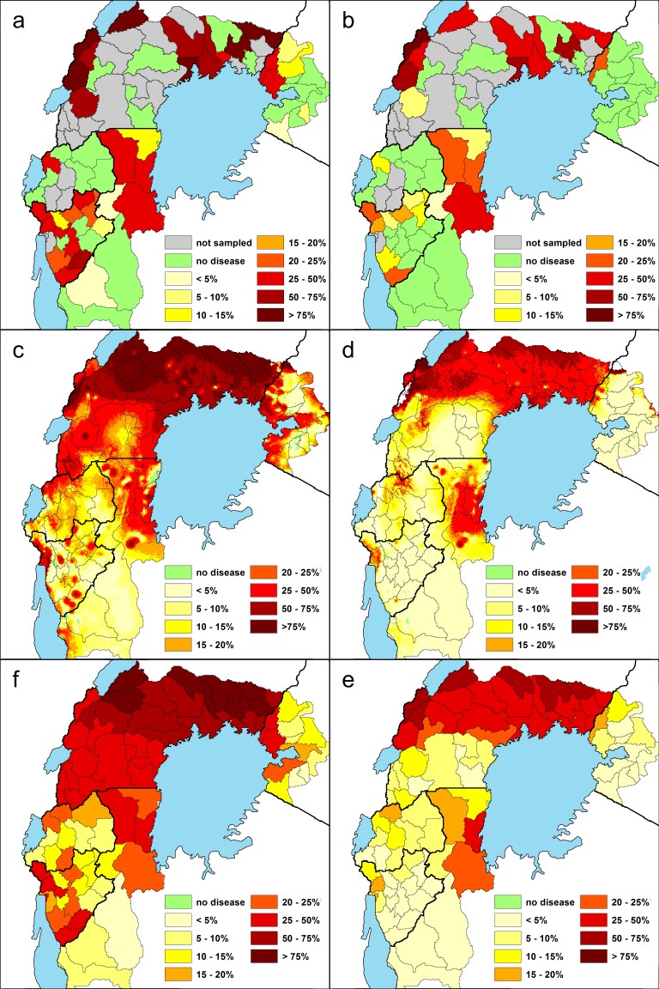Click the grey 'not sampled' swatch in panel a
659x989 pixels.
pyautogui.click(x=179, y=243)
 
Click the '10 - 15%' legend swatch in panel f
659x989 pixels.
pyautogui.click(x=179, y=956)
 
